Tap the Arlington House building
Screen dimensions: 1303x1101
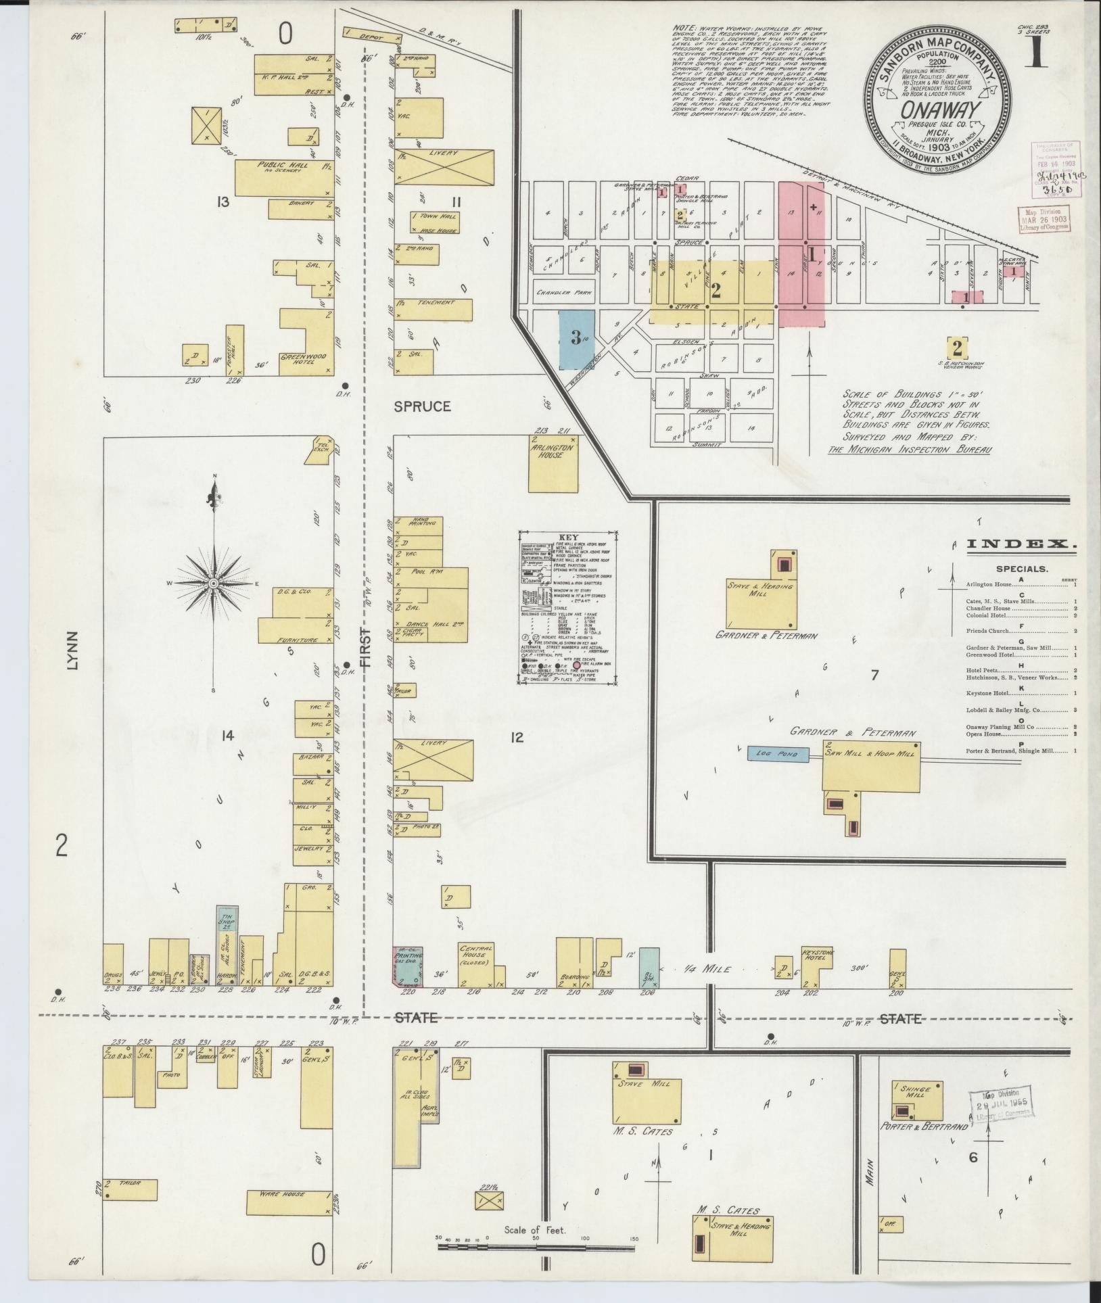click(x=553, y=467)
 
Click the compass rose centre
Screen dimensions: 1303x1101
click(x=214, y=583)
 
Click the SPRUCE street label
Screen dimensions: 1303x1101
click(x=423, y=406)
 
